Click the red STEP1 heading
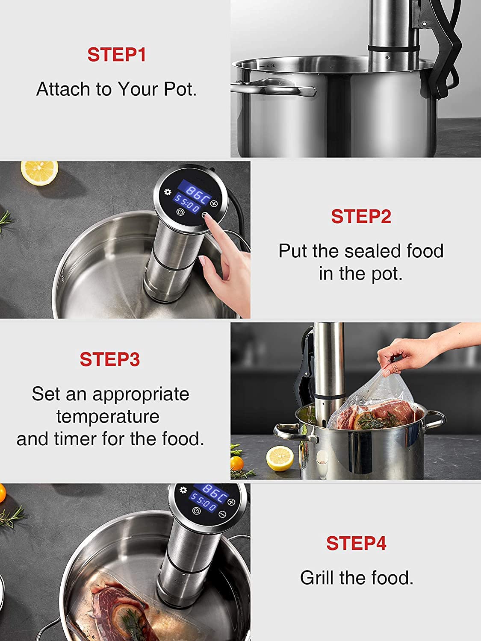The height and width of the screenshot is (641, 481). [x=116, y=55]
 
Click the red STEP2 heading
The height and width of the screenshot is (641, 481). [x=361, y=216]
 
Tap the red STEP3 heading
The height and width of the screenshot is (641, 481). [x=109, y=359]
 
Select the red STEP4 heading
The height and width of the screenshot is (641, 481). [x=356, y=543]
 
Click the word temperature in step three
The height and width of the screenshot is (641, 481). [x=108, y=416]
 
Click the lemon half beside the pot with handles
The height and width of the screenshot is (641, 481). [x=280, y=458]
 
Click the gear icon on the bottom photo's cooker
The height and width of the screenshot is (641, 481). [x=183, y=490]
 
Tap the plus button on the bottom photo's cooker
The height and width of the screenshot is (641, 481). [x=232, y=502]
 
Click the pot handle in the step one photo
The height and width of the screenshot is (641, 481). [x=274, y=89]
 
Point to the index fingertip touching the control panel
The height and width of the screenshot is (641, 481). [x=207, y=217]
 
